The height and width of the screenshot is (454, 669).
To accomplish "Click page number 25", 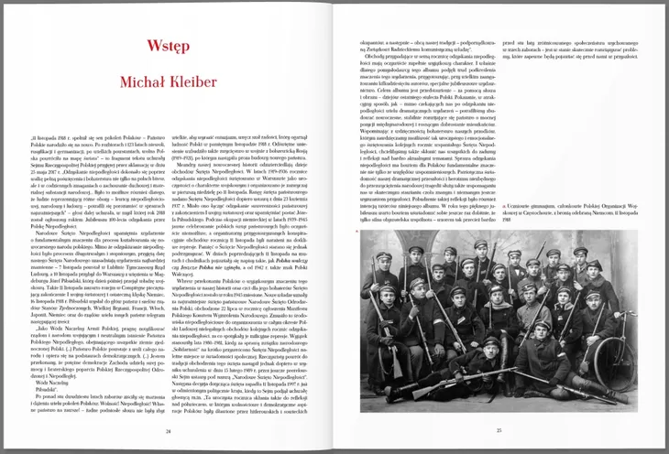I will [499, 429].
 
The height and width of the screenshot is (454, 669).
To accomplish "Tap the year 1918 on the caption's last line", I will [510, 221].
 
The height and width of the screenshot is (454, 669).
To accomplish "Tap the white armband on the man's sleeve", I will [438, 321].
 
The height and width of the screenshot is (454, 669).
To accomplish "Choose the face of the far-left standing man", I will [384, 262].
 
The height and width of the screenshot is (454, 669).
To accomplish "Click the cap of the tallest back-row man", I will [480, 243].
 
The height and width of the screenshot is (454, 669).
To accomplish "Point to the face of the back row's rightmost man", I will [580, 257].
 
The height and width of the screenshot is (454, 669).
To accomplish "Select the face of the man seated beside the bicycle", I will [593, 301].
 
